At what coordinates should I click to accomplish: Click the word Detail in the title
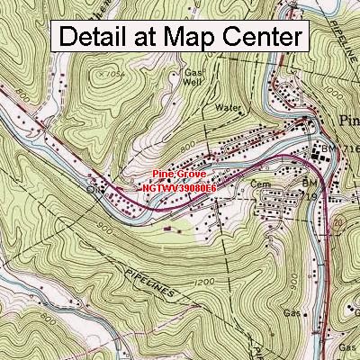coord(96,37)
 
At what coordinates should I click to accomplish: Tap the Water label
coord(229,106)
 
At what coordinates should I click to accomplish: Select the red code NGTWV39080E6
coord(179,187)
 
